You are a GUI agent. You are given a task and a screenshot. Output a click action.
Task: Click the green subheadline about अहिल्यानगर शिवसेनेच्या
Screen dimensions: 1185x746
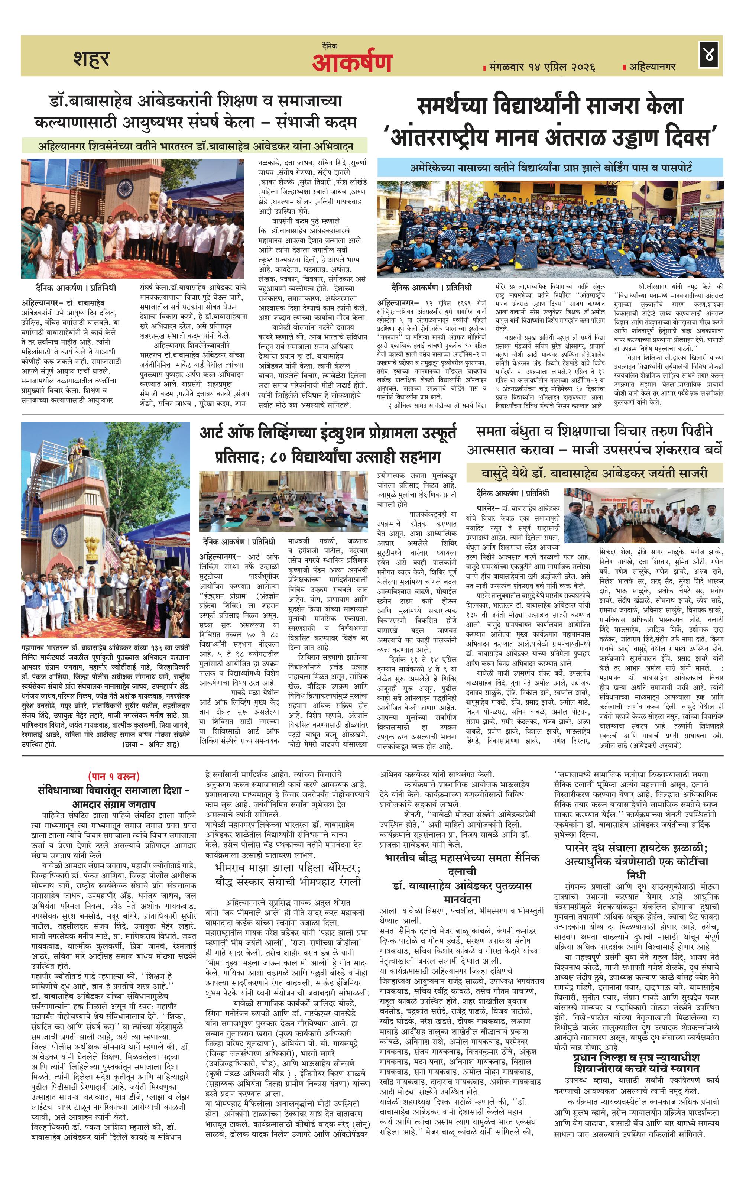click(195, 146)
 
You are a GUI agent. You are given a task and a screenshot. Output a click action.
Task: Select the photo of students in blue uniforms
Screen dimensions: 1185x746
click(550, 228)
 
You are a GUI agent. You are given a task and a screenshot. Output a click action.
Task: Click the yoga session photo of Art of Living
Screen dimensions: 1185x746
click(283, 501)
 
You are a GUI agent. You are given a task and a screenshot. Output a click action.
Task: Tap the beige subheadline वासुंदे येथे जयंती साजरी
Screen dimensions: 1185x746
click(594, 472)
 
